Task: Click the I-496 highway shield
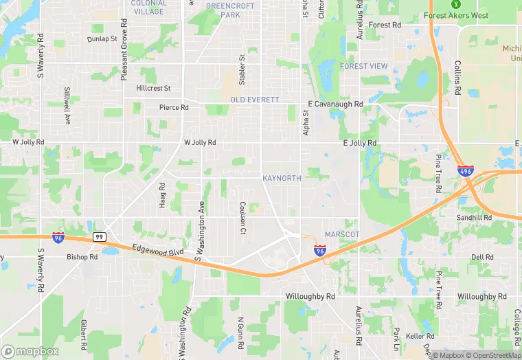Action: (x=465, y=171)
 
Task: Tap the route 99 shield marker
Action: (x=99, y=237)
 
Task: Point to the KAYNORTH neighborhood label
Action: (x=282, y=178)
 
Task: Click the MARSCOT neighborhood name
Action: (x=341, y=234)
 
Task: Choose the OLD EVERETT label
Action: (x=255, y=100)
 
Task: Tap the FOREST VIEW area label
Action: (x=363, y=66)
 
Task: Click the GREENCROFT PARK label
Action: (x=231, y=10)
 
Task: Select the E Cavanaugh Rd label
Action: (x=335, y=104)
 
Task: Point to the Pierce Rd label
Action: (x=174, y=107)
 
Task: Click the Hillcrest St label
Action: (x=153, y=89)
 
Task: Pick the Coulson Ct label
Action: (x=242, y=216)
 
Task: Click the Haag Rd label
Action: (x=162, y=196)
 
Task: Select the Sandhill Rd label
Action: (x=475, y=218)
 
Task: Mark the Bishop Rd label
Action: (x=82, y=257)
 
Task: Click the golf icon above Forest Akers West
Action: (x=453, y=3)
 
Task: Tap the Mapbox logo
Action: (x=30, y=351)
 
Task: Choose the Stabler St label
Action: (x=242, y=69)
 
